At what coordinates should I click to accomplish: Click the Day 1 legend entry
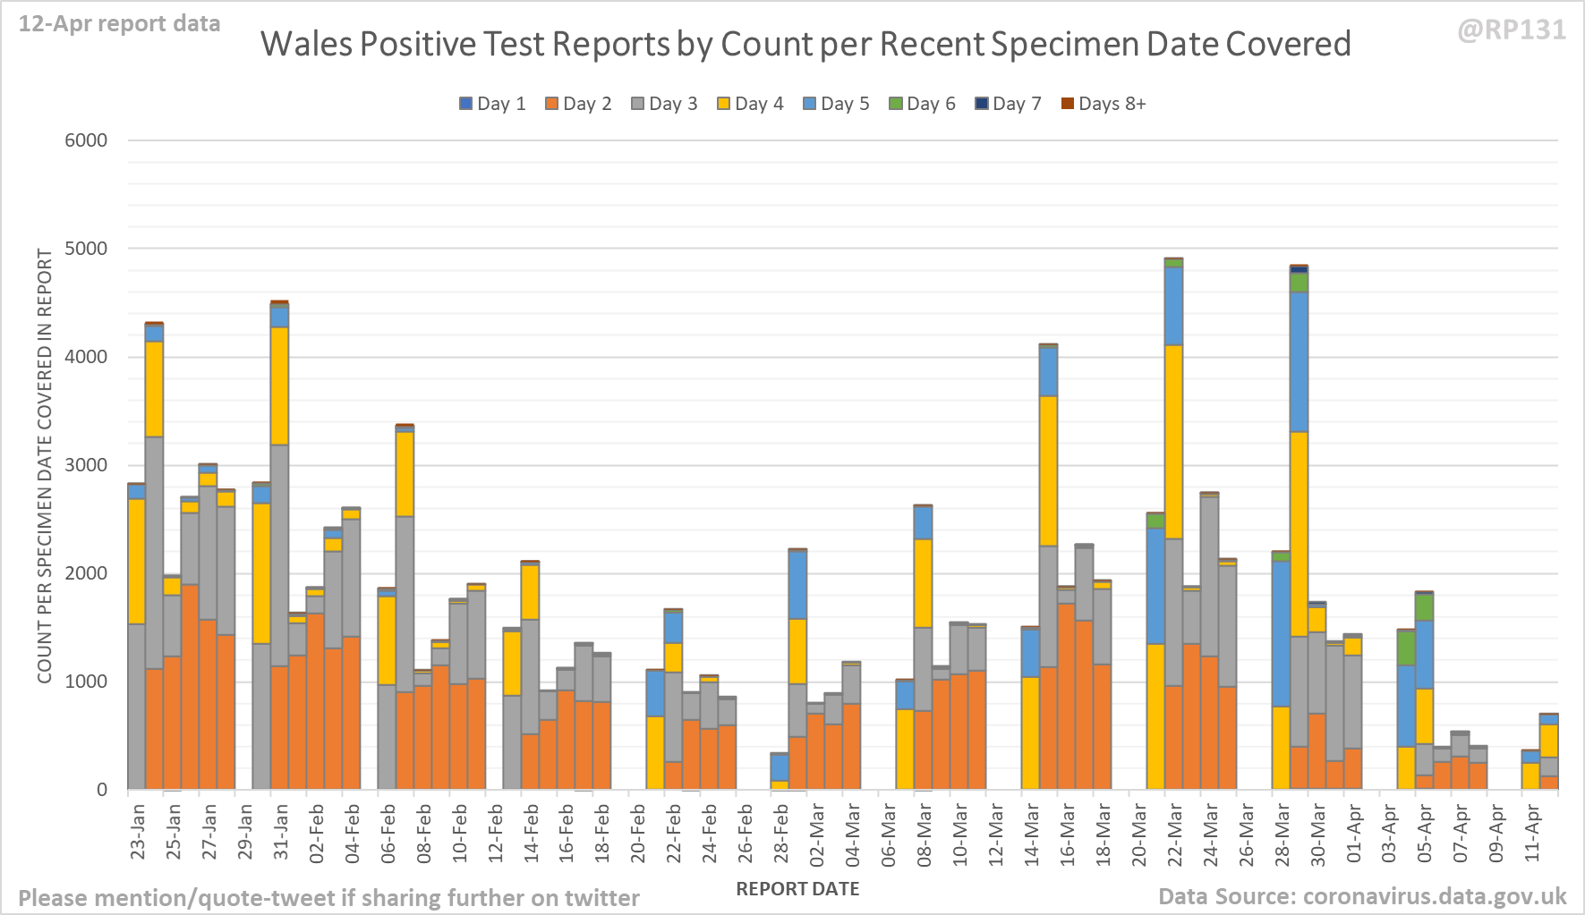click(492, 104)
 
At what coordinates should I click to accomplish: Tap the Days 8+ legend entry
click(1103, 104)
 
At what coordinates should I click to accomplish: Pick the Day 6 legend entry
click(922, 104)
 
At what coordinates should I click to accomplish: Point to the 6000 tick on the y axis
click(86, 140)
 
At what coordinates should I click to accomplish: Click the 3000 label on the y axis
click(86, 465)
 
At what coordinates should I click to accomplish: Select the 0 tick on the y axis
click(102, 790)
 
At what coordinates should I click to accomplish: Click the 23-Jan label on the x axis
click(138, 832)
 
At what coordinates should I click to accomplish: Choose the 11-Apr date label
click(1532, 832)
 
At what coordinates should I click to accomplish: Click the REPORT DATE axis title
click(797, 889)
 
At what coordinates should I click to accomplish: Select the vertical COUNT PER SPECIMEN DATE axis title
click(45, 465)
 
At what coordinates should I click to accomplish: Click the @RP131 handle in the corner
click(1512, 30)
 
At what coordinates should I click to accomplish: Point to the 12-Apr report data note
click(119, 24)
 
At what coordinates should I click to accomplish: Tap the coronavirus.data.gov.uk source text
click(1435, 896)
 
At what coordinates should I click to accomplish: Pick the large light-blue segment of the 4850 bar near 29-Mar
click(1299, 361)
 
